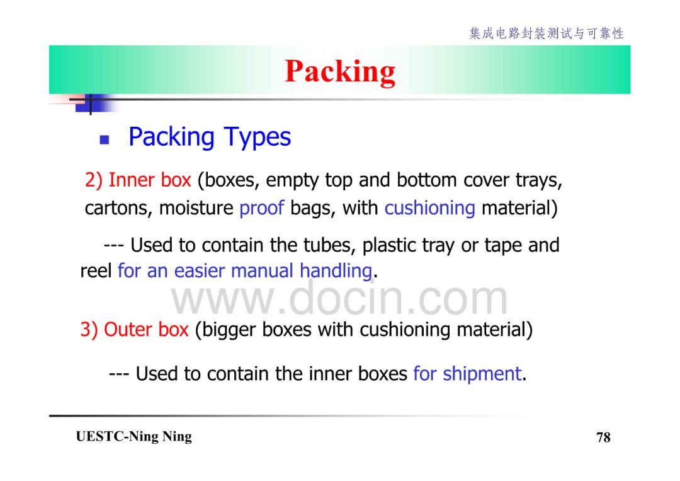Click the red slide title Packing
point(340,72)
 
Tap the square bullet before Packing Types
point(104,139)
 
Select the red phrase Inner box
point(150,180)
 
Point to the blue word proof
point(261,209)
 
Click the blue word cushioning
point(430,209)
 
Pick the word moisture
point(196,209)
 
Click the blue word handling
point(336,272)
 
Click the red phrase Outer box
point(146,330)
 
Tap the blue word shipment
point(482,374)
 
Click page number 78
point(603,437)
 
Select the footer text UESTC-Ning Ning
point(133,437)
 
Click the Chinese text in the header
point(547,33)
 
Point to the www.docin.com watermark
point(339,299)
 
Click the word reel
point(96,271)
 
